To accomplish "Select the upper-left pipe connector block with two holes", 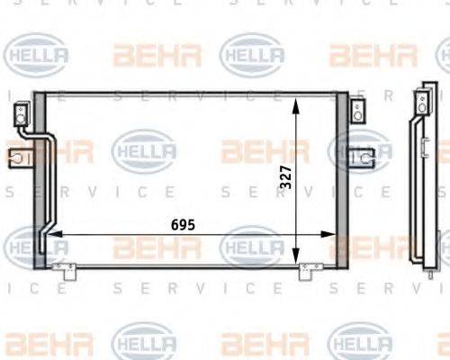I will [x=20, y=115].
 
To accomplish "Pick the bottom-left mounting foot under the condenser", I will [x=62, y=267].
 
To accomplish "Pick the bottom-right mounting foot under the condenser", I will [x=310, y=267].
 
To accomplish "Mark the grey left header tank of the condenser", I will [x=39, y=180].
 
